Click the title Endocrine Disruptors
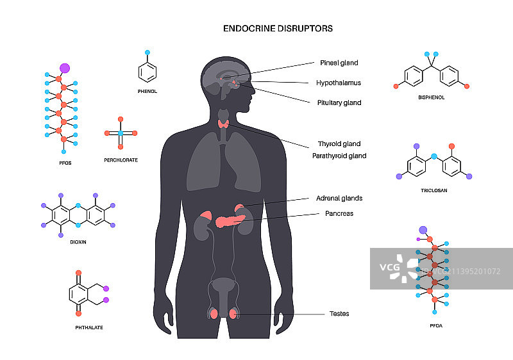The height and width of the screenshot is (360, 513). tap(277, 29)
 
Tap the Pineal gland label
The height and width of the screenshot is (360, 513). tap(339, 63)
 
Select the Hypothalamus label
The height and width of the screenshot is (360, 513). tap(338, 83)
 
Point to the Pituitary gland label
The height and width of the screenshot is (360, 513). tap(339, 102)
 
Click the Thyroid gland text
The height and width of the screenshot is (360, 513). tap(339, 144)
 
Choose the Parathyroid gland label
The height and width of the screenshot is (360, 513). tap(339, 156)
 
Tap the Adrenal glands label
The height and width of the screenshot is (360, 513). tap(339, 199)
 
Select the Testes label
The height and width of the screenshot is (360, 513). tap(339, 314)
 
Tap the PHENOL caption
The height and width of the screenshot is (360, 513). tap(147, 92)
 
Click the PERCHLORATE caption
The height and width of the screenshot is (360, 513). tap(121, 160)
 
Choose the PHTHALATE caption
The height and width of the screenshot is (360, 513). tap(88, 327)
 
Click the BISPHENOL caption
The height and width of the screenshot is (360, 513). tap(431, 98)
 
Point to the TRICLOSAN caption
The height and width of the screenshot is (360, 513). tap(433, 190)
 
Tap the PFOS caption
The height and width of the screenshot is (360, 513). tap(64, 163)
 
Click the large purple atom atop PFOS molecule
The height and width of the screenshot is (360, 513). tap(64, 67)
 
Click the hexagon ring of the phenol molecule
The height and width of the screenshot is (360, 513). tap(147, 72)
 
